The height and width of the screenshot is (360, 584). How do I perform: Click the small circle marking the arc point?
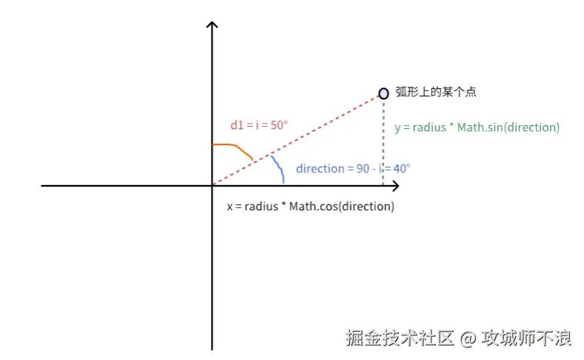[383, 93]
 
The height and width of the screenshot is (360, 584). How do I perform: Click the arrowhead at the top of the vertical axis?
[212, 27]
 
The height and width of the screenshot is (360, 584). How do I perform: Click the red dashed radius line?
[296, 139]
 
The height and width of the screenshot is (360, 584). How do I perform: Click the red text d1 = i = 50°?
[258, 125]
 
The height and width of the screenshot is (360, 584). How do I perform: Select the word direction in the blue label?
[320, 168]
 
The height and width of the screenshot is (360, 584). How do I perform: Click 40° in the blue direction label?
[401, 168]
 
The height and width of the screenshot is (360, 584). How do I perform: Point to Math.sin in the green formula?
[480, 127]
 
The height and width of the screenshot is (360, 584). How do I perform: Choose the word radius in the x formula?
[260, 206]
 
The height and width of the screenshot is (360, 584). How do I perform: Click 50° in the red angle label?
[277, 125]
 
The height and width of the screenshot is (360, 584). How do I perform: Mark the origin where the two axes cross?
[212, 185]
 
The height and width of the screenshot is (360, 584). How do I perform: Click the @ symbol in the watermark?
[467, 339]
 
